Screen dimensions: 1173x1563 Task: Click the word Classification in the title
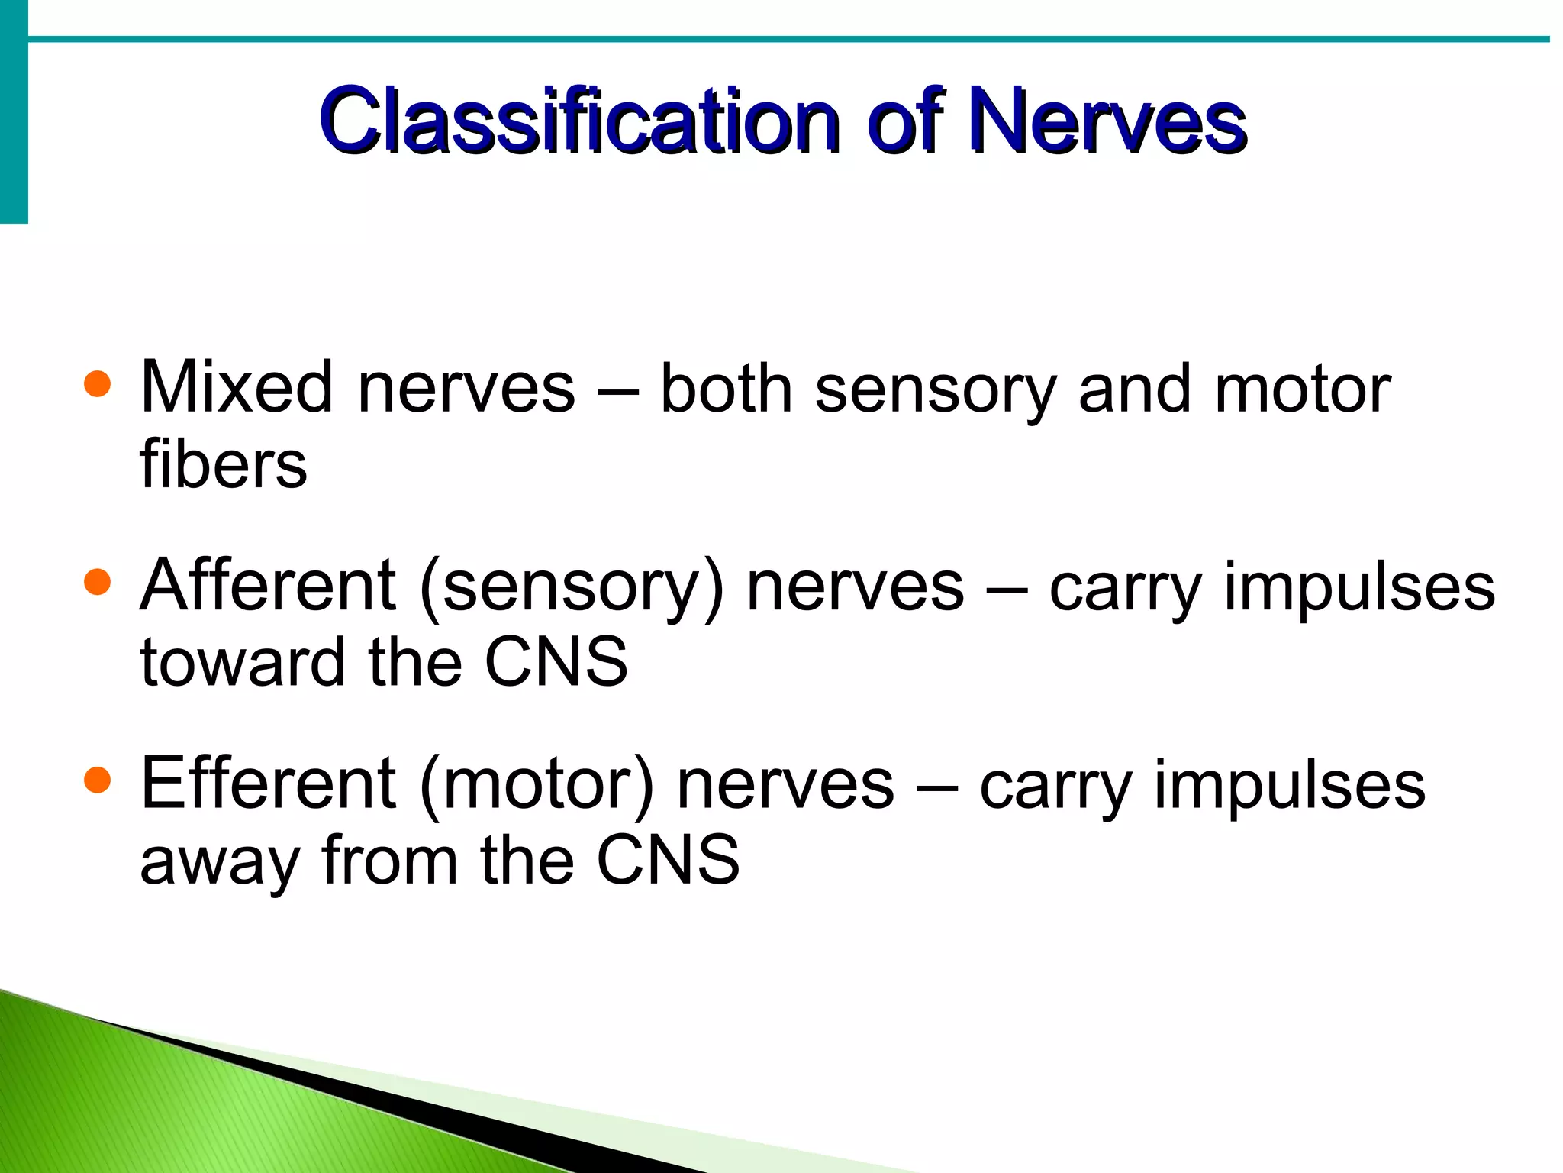(x=580, y=122)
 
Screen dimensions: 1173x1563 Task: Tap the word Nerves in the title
(x=1108, y=122)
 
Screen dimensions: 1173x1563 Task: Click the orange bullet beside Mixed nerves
(x=97, y=384)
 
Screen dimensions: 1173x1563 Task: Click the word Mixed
(x=237, y=388)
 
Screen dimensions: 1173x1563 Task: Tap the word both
(x=726, y=389)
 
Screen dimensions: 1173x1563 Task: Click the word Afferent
(x=268, y=586)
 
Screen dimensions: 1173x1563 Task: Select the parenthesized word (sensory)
(x=571, y=588)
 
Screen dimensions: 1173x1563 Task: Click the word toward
(x=242, y=662)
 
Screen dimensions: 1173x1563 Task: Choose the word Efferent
(x=268, y=784)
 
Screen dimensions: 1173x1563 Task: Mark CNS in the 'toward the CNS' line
(x=556, y=662)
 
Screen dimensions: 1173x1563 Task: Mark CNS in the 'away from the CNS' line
(x=668, y=861)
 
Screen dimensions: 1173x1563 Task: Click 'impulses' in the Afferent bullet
(x=1359, y=590)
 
